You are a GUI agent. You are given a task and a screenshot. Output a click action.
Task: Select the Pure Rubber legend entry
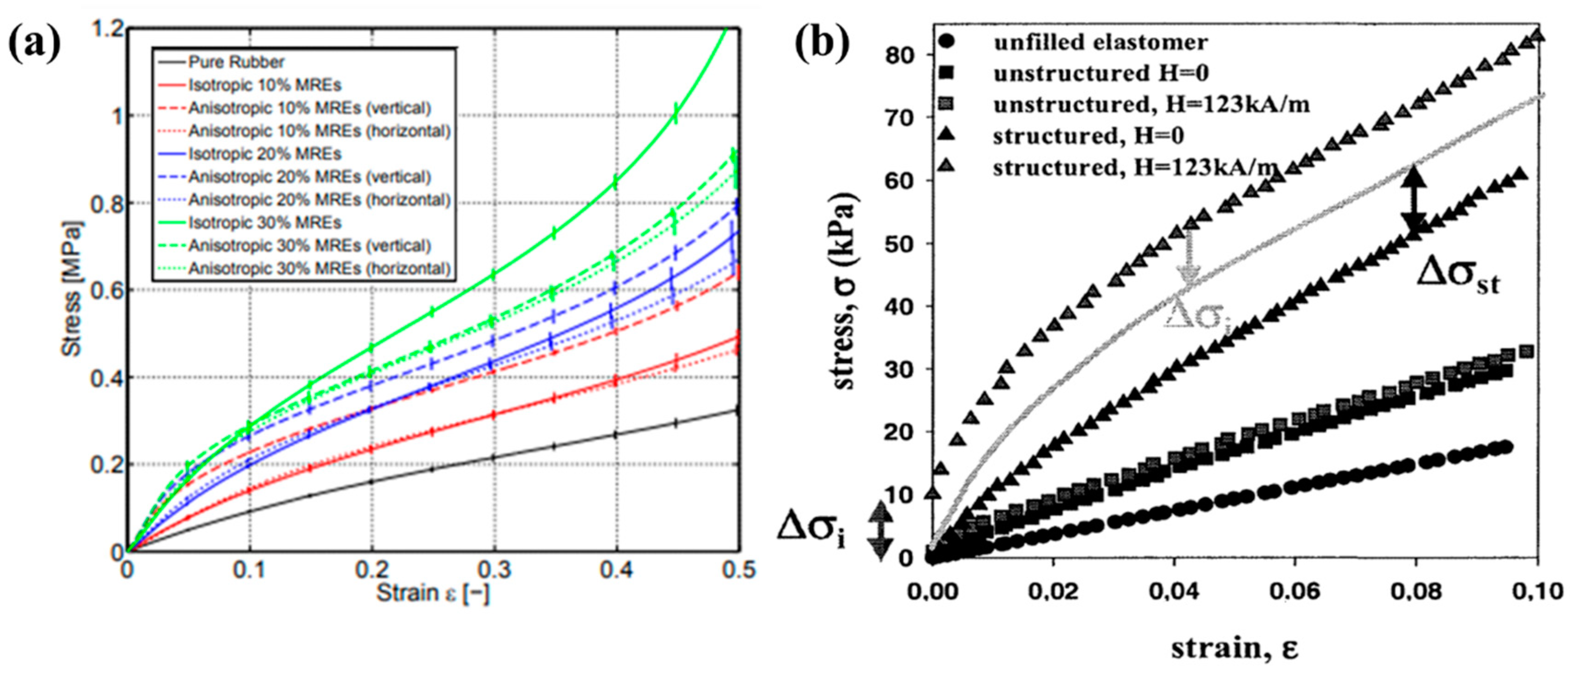pos(236,62)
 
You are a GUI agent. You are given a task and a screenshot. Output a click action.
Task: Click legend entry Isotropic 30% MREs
pos(265,223)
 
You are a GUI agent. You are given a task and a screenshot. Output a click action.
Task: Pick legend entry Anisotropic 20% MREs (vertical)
pos(309,177)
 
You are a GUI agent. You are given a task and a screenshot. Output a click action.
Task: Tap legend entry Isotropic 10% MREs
pos(265,85)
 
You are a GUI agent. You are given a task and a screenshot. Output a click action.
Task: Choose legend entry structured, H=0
pos(1088,136)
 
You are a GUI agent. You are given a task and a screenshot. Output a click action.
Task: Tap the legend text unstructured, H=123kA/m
pos(1151,105)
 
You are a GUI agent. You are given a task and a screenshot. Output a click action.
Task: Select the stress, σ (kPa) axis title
pos(845,291)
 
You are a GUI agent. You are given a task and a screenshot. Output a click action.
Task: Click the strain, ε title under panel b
pos(1234,648)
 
